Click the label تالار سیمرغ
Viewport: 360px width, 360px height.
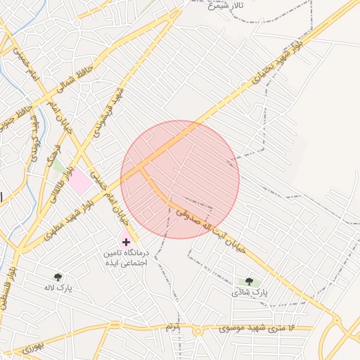click(226, 5)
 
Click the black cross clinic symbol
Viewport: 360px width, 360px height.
click(126, 242)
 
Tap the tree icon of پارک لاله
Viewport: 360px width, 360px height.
click(58, 278)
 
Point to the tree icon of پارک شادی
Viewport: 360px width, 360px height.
click(249, 281)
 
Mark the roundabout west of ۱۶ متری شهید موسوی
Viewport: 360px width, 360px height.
click(198, 330)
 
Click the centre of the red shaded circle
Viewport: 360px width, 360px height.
click(180, 180)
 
